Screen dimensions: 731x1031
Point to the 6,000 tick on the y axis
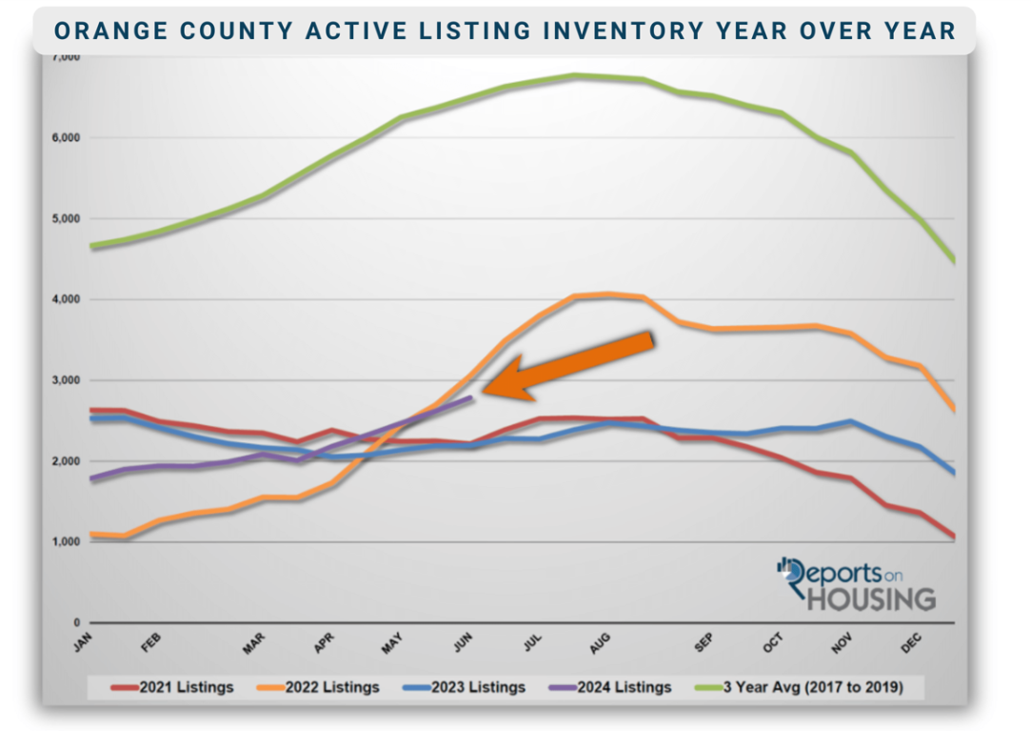[x=66, y=138]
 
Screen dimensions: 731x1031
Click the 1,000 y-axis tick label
[x=66, y=542]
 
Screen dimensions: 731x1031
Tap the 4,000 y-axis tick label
[x=66, y=300]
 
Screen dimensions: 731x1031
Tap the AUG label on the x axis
[x=600, y=644]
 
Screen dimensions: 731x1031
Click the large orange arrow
[x=571, y=365]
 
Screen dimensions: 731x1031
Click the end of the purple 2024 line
[x=471, y=396]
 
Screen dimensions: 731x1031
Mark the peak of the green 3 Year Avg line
[x=577, y=75]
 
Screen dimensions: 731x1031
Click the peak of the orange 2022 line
[x=607, y=294]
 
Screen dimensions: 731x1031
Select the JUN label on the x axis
[x=463, y=644]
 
